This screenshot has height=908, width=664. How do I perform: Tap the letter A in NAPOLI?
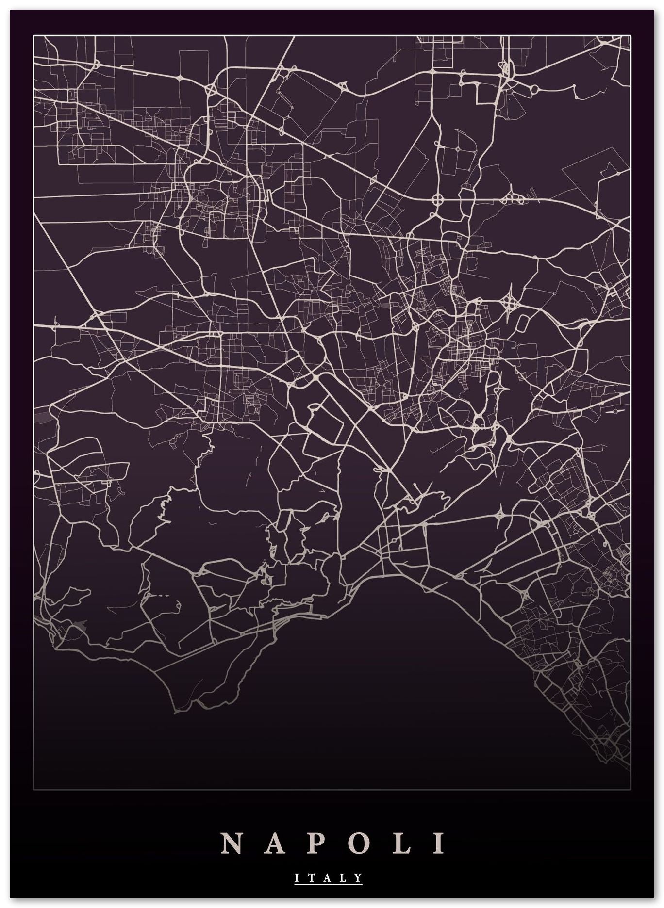click(274, 843)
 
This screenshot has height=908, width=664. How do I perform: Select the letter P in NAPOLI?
click(316, 843)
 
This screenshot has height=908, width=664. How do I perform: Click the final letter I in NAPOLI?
click(439, 843)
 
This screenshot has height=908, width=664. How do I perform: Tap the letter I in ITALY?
click(297, 877)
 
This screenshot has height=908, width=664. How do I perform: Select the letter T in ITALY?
click(312, 877)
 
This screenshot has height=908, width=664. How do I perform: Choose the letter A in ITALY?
click(328, 877)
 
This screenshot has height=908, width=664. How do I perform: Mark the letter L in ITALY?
click(344, 877)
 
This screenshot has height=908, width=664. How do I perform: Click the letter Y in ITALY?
click(358, 877)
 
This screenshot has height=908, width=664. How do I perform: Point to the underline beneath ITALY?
click(328, 884)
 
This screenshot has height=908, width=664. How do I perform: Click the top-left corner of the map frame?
click(33, 36)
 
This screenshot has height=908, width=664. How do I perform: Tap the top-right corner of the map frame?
click(631, 36)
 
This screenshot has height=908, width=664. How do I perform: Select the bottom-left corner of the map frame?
click(33, 790)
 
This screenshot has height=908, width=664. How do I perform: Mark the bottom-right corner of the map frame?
click(631, 790)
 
